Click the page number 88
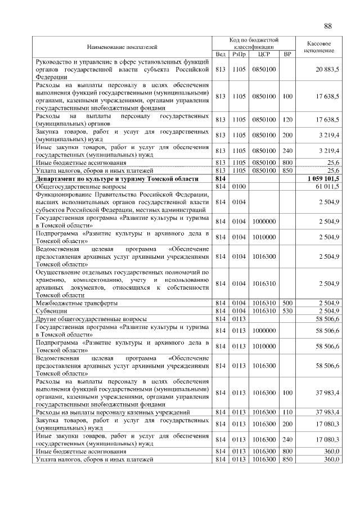(328, 26)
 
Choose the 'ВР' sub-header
(287, 55)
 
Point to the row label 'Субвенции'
(51, 310)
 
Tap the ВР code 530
(287, 310)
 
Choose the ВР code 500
(287, 303)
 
